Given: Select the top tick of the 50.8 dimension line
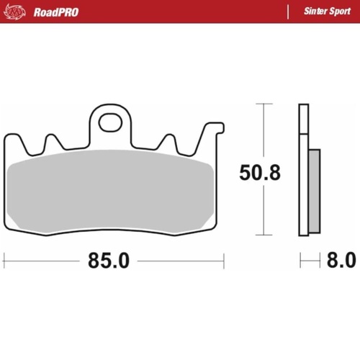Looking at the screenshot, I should click(265, 104).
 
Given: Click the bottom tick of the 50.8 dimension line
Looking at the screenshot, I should click(265, 235).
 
